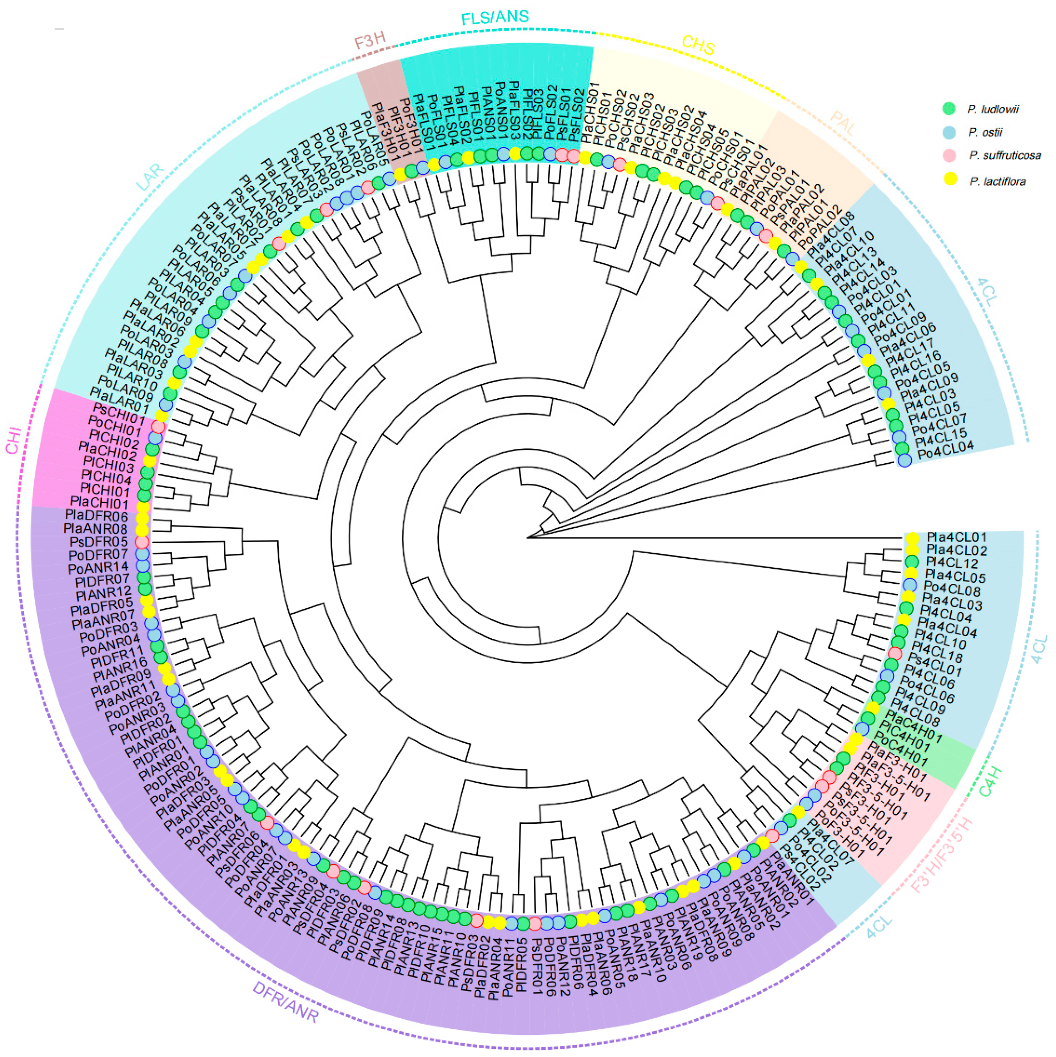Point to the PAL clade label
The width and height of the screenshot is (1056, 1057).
point(843,123)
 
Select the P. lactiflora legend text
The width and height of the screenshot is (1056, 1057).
point(997,182)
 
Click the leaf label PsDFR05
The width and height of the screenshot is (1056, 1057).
point(99,542)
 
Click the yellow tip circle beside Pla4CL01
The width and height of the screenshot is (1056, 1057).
point(912,538)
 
